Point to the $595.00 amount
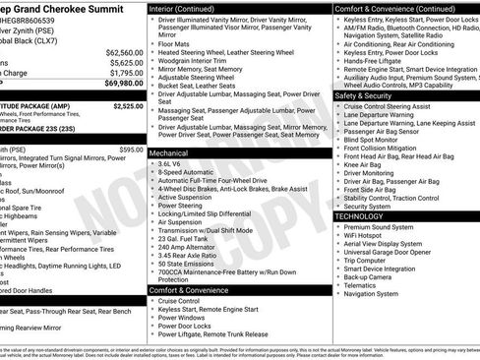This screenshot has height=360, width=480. click(131, 149)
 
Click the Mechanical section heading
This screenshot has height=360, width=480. click(168, 153)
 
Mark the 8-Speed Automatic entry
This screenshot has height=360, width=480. click(186, 174)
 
